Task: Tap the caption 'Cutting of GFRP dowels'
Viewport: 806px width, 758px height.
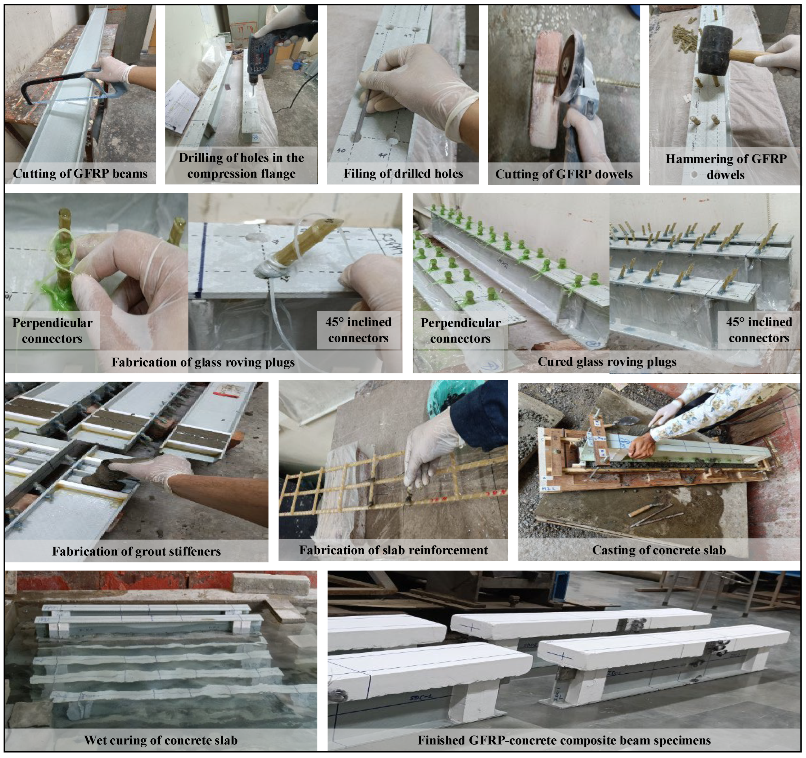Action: [564, 175]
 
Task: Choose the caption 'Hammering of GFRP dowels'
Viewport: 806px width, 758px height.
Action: [726, 167]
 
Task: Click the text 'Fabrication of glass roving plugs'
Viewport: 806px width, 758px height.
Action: [203, 362]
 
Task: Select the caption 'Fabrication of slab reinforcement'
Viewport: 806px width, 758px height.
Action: [393, 550]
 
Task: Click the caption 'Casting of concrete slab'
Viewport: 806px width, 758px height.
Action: [659, 550]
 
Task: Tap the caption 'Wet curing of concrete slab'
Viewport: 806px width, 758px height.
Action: [161, 740]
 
